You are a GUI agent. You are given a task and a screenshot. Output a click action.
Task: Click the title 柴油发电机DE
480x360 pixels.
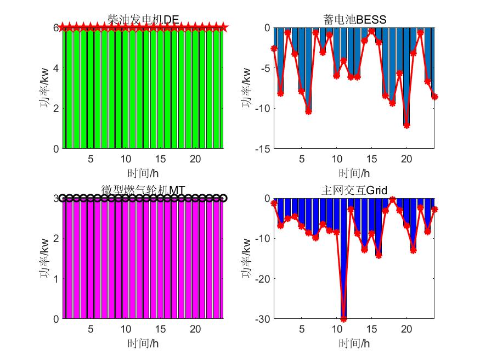point(144,20)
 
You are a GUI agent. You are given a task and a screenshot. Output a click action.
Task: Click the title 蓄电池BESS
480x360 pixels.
point(355,20)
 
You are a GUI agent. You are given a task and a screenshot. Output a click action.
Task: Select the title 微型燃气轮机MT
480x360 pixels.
point(144,190)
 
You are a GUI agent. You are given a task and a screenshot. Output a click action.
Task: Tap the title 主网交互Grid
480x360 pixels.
point(355,190)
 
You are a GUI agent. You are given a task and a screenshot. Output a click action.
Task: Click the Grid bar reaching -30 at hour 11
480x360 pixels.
point(343,258)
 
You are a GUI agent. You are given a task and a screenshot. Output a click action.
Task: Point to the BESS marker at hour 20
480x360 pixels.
point(406,125)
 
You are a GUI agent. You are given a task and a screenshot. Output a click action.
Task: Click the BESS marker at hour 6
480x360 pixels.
point(308,111)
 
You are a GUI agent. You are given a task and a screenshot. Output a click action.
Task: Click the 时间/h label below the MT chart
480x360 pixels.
point(144,344)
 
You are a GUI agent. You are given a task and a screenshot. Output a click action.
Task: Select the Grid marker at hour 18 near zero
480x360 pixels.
point(393,199)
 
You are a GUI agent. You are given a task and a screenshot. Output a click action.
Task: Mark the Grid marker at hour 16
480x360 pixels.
point(379,255)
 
